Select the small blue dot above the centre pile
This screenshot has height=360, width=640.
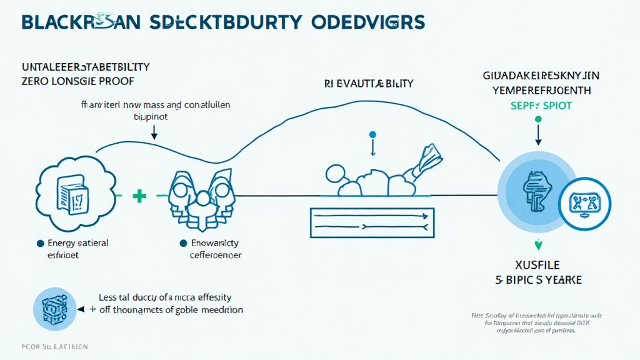[372, 134]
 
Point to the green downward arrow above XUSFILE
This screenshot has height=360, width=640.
[536, 244]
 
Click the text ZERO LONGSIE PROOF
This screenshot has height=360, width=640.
[77, 81]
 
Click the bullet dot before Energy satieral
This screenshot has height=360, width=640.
[41, 243]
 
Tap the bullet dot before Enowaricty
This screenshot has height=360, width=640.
[183, 243]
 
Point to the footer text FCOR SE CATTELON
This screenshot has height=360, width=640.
[46, 346]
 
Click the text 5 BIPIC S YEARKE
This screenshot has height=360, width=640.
[536, 279]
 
